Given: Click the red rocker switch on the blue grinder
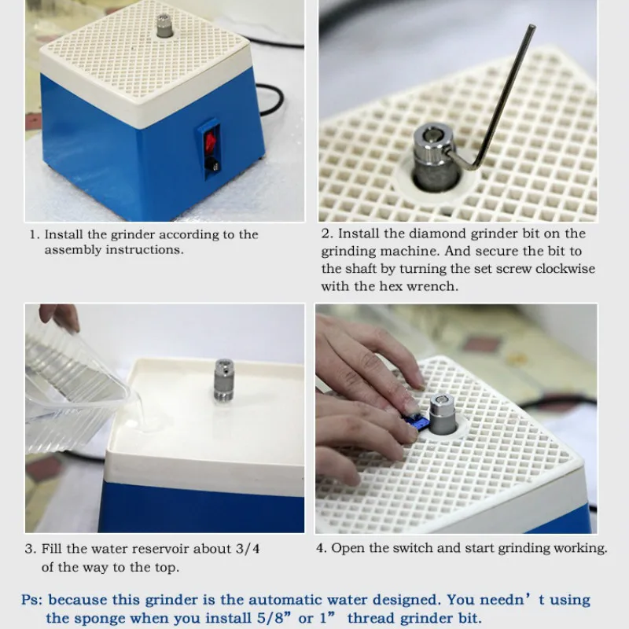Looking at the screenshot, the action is point(210,142).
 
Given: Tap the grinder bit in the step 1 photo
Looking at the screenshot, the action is point(164,26).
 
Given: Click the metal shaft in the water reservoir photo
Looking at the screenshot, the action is point(224,380).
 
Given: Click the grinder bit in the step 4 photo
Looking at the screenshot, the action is point(443,414).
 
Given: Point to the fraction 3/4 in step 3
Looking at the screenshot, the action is point(248,548).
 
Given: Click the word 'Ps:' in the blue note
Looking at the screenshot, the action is point(32,600).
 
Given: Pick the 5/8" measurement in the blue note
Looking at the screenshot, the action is point(274,618).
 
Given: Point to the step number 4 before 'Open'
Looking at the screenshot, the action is point(320,548).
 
